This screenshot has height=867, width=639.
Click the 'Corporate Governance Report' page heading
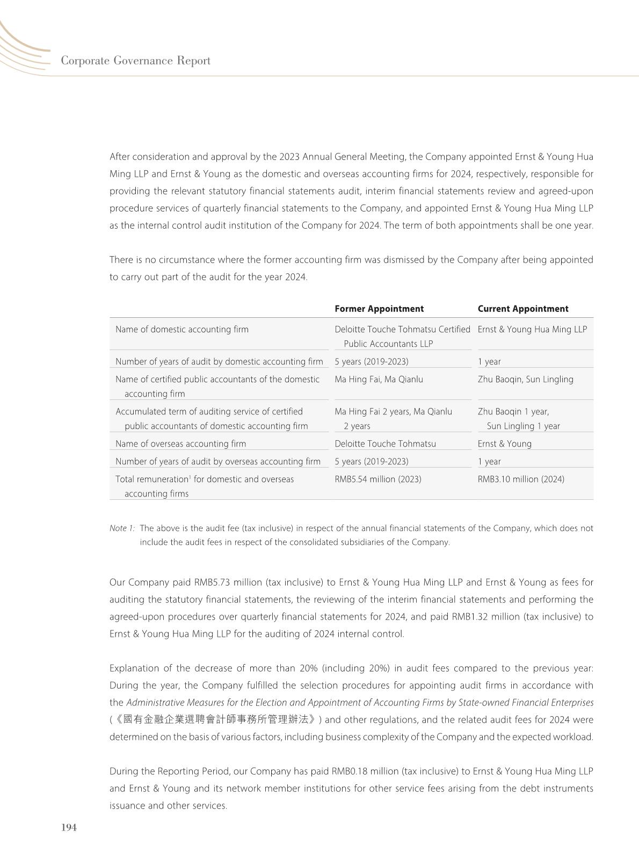click(x=135, y=61)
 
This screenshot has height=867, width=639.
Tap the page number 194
click(x=69, y=827)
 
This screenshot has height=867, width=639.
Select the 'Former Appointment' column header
click(x=379, y=309)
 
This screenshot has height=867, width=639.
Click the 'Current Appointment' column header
click(x=522, y=309)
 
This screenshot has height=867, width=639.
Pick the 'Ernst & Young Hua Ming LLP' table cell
click(x=532, y=329)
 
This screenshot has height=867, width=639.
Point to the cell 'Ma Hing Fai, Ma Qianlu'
click(x=379, y=379)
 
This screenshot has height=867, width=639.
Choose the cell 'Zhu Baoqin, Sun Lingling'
click(x=525, y=379)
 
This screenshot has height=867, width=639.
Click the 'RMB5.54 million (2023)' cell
click(x=377, y=479)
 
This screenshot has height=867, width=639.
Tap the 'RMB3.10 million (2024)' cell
click(x=521, y=479)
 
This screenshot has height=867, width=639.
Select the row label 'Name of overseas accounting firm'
click(x=180, y=443)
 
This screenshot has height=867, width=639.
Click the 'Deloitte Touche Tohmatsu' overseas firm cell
click(x=385, y=443)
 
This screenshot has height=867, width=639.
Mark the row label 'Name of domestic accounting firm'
click(x=181, y=329)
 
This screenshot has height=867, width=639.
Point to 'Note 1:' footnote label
click(x=122, y=528)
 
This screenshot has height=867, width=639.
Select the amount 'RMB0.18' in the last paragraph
click(x=348, y=771)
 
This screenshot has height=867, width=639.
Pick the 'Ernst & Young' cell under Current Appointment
click(x=504, y=443)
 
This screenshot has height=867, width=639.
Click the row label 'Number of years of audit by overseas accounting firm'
click(x=217, y=461)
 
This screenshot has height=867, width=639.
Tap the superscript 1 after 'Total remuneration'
click(x=190, y=476)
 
